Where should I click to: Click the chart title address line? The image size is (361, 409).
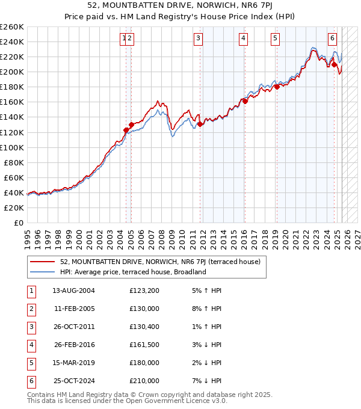(x=180, y=7)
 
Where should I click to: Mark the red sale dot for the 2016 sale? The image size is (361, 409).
(x=245, y=101)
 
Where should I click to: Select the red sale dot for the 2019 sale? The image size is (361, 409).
(x=277, y=87)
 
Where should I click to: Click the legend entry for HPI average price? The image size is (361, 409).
(x=133, y=272)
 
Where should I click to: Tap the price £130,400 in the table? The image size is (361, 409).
(x=144, y=327)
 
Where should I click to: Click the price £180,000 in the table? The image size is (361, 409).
(x=144, y=363)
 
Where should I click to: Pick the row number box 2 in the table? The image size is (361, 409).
(x=31, y=309)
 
